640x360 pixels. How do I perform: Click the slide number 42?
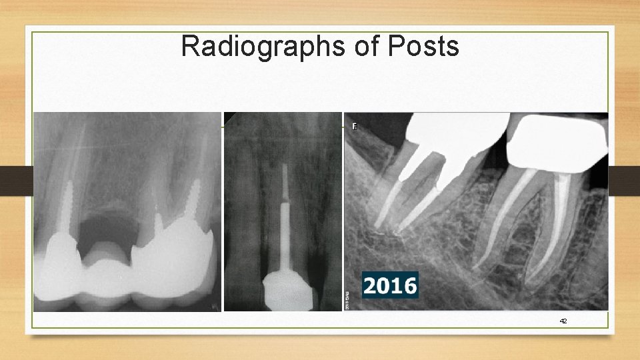[x=563, y=321]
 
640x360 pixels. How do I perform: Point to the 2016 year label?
[x=391, y=285]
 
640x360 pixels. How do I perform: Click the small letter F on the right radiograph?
[x=355, y=126]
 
